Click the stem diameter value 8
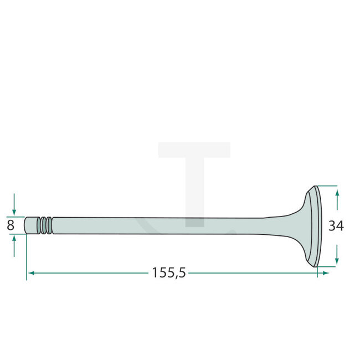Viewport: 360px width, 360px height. [x=11, y=225]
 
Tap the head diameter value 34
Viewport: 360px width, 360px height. [x=336, y=225]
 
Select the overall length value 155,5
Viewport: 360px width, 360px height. [x=169, y=272]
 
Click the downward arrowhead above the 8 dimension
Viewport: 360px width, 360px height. [x=14, y=213]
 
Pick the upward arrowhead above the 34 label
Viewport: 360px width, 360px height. [x=337, y=193]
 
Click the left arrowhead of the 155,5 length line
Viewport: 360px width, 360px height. [x=31, y=273]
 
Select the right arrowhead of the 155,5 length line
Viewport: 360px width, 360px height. [x=326, y=273]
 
